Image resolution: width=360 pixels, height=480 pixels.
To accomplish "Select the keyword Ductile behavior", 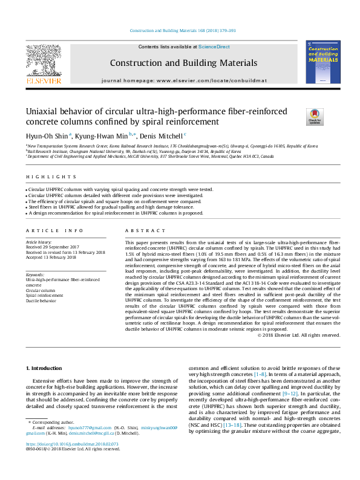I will (41, 300).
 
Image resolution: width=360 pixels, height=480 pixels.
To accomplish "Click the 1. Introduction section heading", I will (45, 368).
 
